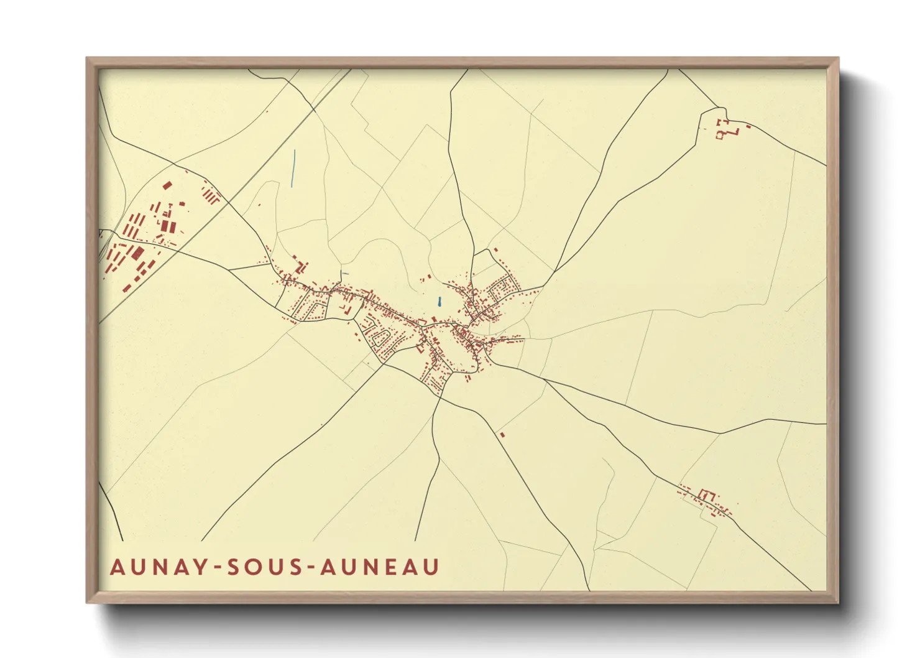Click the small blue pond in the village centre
point(439,302)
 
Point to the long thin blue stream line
point(293,168)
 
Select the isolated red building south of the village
point(502,434)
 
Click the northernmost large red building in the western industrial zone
point(167,185)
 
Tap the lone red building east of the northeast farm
point(748,126)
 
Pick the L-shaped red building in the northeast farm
point(734,132)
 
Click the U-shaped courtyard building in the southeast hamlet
point(705,495)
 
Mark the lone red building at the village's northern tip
point(495,250)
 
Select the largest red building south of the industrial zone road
point(136,253)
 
